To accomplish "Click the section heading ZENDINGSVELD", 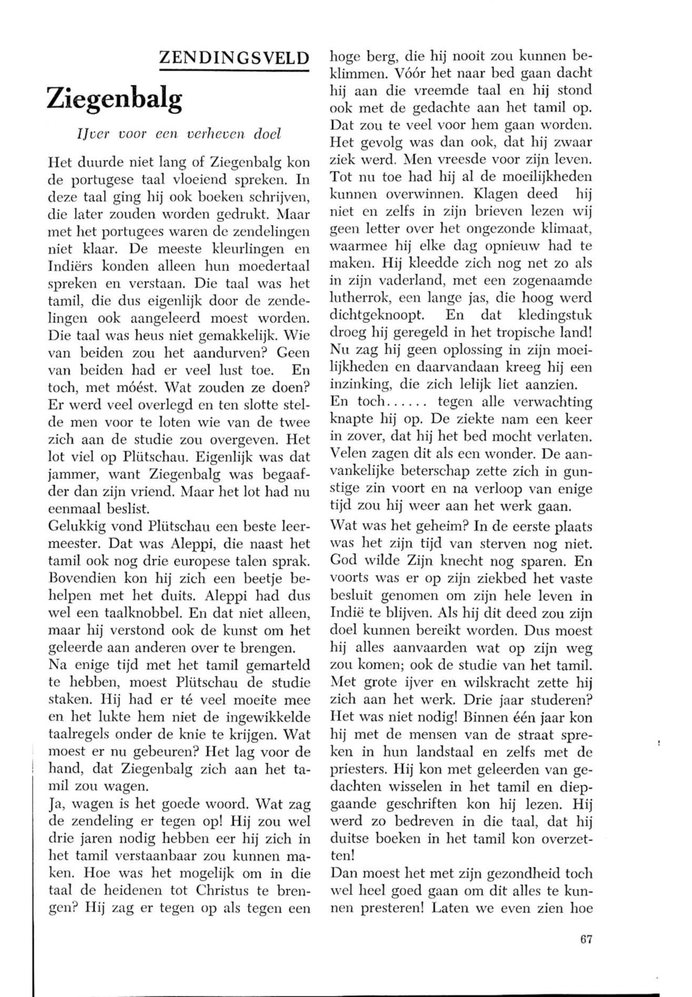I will click(234, 58).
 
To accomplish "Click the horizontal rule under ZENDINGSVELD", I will click(234, 69).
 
